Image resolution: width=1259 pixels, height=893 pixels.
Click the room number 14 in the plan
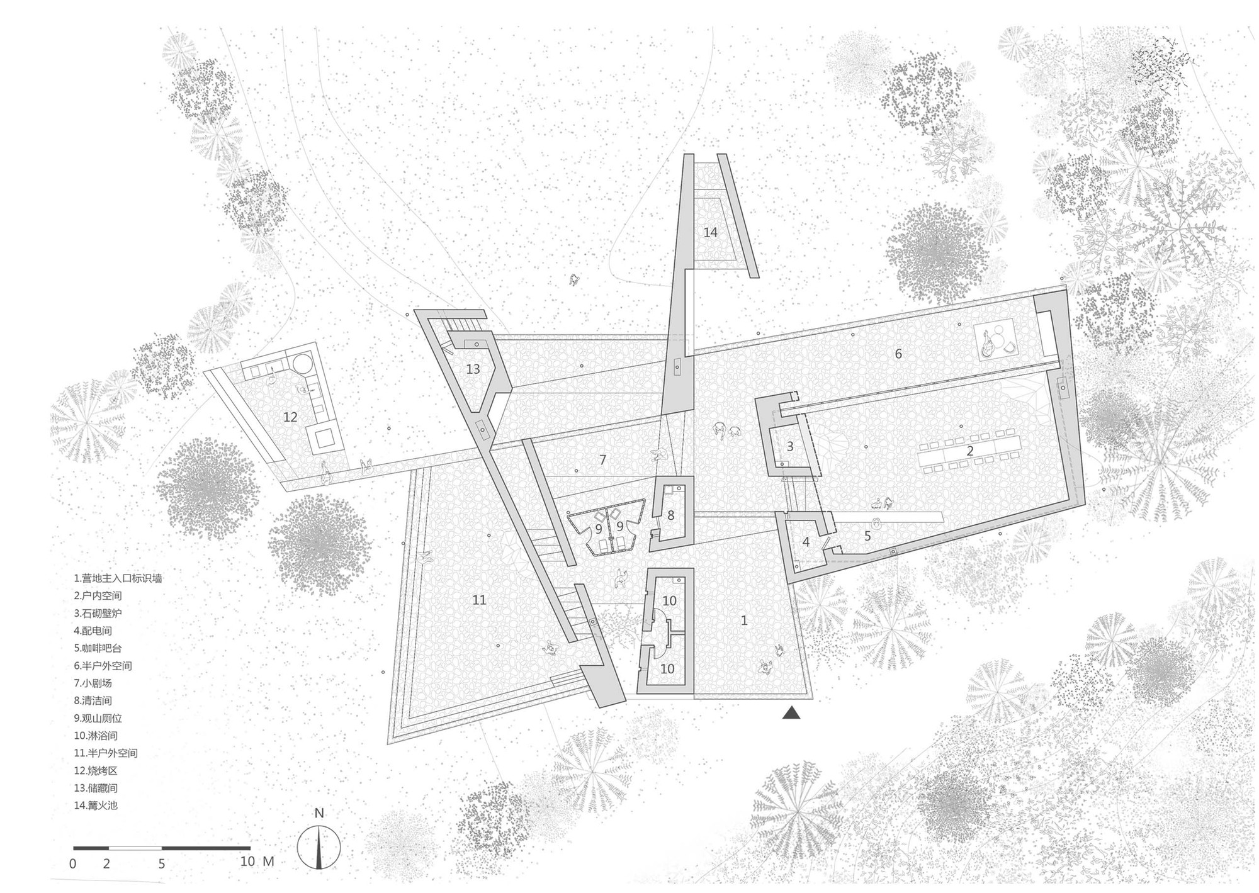[710, 232]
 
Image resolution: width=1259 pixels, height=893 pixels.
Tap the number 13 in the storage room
[473, 369]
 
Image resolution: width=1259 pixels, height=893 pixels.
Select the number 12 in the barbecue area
[290, 417]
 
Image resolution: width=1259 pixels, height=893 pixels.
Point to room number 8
[671, 515]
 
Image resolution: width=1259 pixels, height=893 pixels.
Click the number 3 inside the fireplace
[790, 447]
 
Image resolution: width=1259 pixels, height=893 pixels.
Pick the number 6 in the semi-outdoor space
[898, 354]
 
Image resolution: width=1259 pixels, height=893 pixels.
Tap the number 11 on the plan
[479, 600]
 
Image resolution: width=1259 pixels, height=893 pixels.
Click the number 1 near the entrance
[744, 621]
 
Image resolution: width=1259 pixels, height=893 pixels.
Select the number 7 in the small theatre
[602, 460]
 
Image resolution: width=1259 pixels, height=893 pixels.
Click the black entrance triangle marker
[791, 713]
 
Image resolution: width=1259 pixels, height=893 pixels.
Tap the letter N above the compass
[319, 813]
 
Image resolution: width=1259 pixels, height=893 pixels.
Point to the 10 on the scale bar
[247, 861]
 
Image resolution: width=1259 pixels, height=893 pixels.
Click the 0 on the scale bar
[72, 863]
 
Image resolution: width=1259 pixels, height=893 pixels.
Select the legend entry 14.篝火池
[95, 805]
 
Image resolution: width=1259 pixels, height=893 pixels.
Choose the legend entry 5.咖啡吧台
[103, 648]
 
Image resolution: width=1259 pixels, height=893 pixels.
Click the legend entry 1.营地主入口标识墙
[118, 578]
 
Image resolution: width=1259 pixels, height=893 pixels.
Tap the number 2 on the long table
[970, 451]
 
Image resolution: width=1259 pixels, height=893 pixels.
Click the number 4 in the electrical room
[806, 542]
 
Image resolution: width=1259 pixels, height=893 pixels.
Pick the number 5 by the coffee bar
[867, 536]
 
